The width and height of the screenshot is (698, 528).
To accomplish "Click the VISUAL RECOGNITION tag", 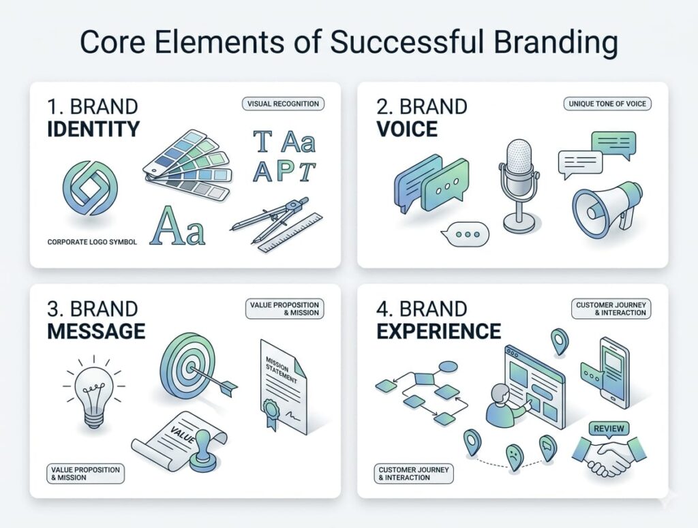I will click(x=283, y=104).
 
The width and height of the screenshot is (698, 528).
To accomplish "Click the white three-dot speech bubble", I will click(x=466, y=234).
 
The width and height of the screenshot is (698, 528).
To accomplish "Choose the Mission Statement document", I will click(x=282, y=385).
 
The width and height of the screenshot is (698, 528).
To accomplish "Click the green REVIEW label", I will click(x=608, y=429).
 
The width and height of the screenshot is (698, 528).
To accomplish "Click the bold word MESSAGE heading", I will click(x=95, y=331).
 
